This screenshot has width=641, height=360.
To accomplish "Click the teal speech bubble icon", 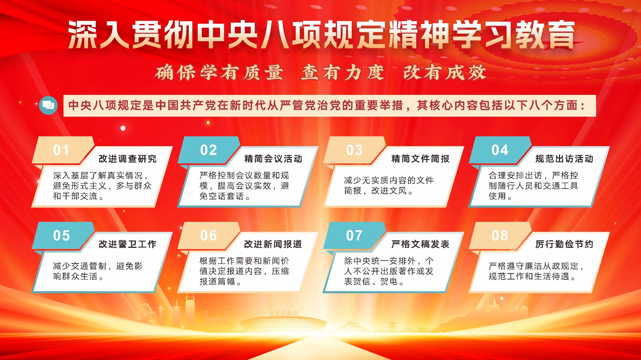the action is click(48, 105).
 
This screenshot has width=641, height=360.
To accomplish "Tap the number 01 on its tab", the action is click(61, 150).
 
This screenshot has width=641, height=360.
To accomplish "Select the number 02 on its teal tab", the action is click(208, 150).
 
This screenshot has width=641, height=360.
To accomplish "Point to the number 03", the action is click(354, 150).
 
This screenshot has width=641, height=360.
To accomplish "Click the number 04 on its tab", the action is click(500, 150).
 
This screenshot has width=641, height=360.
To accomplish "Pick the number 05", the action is click(61, 235).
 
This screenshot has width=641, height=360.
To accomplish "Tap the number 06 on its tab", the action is click(208, 235).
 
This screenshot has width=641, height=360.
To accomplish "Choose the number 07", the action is click(354, 235).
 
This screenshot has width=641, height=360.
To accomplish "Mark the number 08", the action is click(500, 235).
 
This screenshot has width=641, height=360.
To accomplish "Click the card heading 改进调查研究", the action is click(128, 159).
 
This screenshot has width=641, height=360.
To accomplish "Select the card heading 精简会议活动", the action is click(273, 159).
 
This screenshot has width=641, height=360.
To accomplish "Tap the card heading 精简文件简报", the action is click(420, 159).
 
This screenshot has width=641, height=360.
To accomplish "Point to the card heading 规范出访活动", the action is click(564, 159).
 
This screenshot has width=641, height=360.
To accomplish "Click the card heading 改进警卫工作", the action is click(128, 244).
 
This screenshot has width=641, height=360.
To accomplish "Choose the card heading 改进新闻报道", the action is click(273, 244).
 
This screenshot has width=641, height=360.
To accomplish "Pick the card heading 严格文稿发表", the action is click(420, 244).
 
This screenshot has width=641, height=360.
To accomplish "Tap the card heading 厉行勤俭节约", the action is click(564, 244).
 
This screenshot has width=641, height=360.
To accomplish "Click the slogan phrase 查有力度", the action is click(343, 72).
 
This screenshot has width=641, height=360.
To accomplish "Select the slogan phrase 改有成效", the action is click(445, 72).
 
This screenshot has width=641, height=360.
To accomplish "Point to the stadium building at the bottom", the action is click(283, 324).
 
